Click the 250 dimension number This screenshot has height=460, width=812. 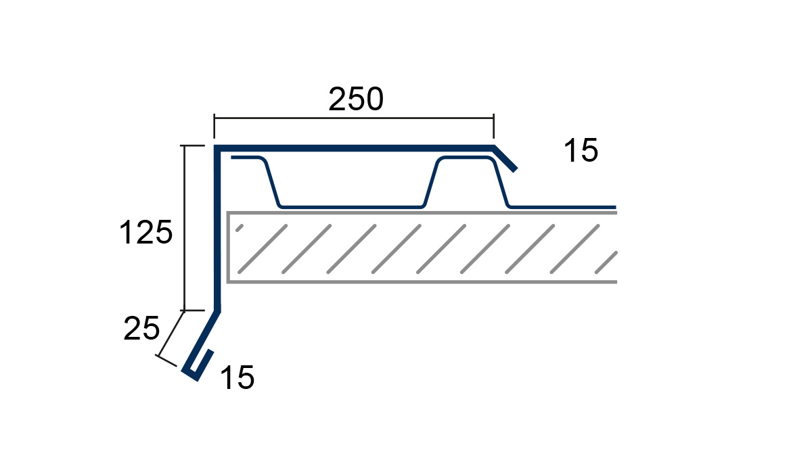(x=356, y=99)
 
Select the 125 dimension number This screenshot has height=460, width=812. (x=145, y=232)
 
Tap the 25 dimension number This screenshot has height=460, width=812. (x=141, y=328)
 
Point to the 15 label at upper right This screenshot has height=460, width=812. (x=581, y=150)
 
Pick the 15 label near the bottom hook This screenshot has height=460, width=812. (x=237, y=377)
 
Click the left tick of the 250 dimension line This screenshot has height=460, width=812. (x=215, y=126)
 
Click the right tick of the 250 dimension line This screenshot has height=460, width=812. (x=493, y=126)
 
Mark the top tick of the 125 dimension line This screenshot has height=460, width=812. (x=192, y=145)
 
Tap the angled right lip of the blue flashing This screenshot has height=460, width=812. (x=505, y=158)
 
